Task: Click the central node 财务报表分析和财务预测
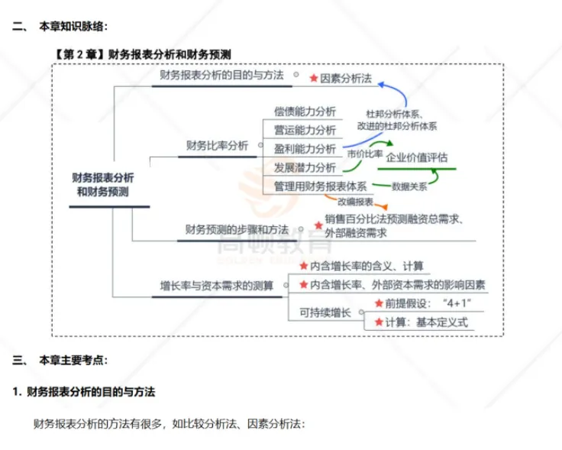click(x=103, y=185)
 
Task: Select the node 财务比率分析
click(x=217, y=145)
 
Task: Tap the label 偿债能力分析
click(x=305, y=112)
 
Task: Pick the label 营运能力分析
click(x=305, y=130)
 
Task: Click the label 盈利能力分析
click(x=305, y=148)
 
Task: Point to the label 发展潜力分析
click(x=305, y=167)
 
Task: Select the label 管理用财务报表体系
click(x=321, y=186)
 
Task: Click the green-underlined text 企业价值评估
click(x=417, y=158)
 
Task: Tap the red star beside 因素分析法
click(x=313, y=78)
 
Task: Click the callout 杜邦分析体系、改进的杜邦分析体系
click(x=402, y=120)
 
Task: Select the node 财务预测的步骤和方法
click(x=237, y=228)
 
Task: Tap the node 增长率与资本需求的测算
click(x=217, y=285)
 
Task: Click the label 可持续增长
click(x=325, y=312)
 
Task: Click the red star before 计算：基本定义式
click(x=378, y=322)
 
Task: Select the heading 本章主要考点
click(x=74, y=359)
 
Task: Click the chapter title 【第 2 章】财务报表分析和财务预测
click(x=144, y=54)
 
